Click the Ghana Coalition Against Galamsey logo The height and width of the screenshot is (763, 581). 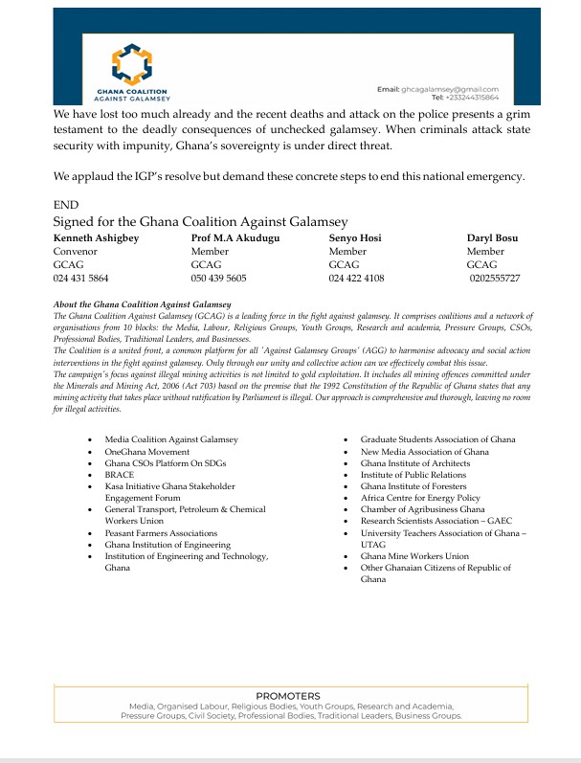pyautogui.click(x=127, y=72)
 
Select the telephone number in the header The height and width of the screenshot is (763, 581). pyautogui.click(x=464, y=97)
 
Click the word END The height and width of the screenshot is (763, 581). pyautogui.click(x=66, y=204)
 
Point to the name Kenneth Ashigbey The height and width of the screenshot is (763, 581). pyautogui.click(x=94, y=237)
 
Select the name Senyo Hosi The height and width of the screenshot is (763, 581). pyautogui.click(x=356, y=237)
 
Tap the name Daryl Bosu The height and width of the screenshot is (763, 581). pyautogui.click(x=492, y=237)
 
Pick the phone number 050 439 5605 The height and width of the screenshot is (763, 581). pyautogui.click(x=218, y=278)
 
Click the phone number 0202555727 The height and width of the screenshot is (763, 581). pyautogui.click(x=495, y=278)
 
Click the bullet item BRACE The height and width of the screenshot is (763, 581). pyautogui.click(x=119, y=474)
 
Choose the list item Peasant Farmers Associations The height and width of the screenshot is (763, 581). pyautogui.click(x=161, y=532)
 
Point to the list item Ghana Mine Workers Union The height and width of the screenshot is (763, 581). pyautogui.click(x=414, y=555)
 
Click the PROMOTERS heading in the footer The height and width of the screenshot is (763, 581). pyautogui.click(x=288, y=696)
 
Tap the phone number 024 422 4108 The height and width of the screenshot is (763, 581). pyautogui.click(x=356, y=278)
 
